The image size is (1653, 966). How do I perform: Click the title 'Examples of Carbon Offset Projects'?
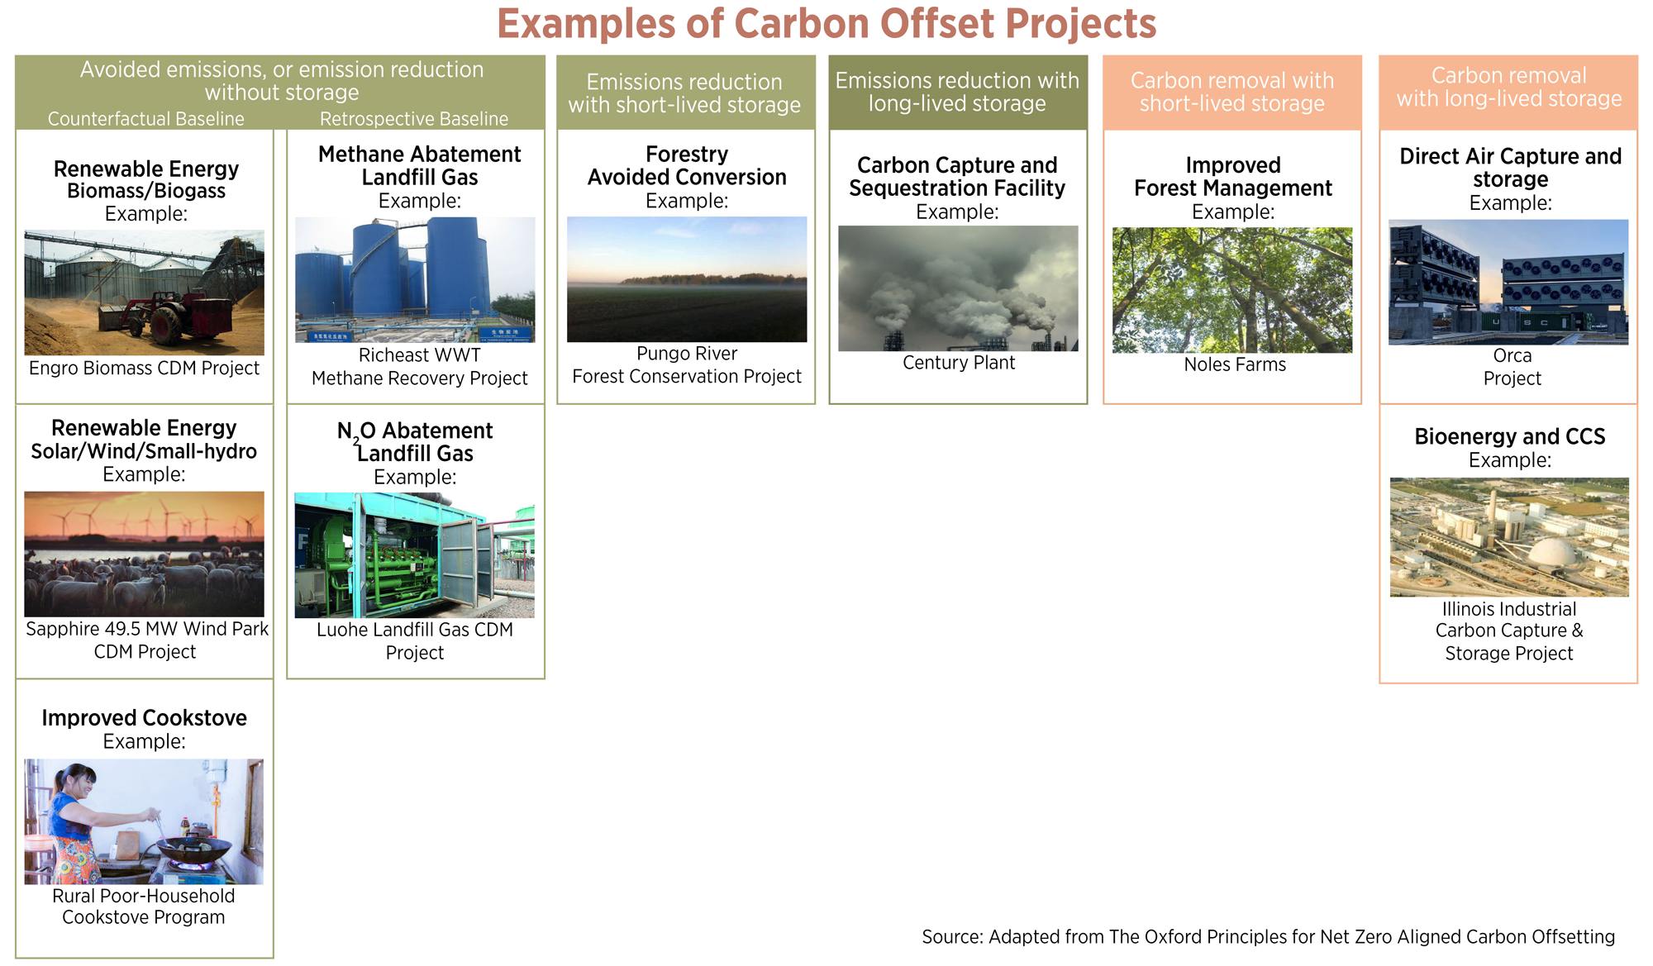pyautogui.click(x=826, y=23)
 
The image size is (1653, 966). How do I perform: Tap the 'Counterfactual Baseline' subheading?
pyautogui.click(x=146, y=119)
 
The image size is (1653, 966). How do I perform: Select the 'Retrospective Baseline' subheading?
pyautogui.click(x=414, y=119)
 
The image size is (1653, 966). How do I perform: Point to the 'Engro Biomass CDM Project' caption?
pyautogui.click(x=145, y=369)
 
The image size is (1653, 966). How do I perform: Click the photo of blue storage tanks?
pyautogui.click(x=415, y=279)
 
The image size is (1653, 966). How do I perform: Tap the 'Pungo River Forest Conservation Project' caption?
pyautogui.click(x=687, y=365)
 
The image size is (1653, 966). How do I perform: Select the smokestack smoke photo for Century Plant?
pyautogui.click(x=958, y=288)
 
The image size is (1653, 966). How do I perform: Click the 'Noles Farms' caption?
pyautogui.click(x=1235, y=364)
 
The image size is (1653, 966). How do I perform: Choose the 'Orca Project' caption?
pyautogui.click(x=1512, y=367)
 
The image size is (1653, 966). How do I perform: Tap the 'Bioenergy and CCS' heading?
pyautogui.click(x=1510, y=436)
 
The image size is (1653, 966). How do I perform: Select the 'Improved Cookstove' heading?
pyautogui.click(x=145, y=717)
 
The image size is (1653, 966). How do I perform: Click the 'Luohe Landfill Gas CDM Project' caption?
pyautogui.click(x=415, y=641)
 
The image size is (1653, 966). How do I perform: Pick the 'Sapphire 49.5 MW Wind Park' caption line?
pyautogui.click(x=147, y=629)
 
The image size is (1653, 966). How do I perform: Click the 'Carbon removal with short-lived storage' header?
pyautogui.click(x=1231, y=92)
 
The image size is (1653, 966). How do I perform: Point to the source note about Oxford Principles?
pyautogui.click(x=1269, y=937)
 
